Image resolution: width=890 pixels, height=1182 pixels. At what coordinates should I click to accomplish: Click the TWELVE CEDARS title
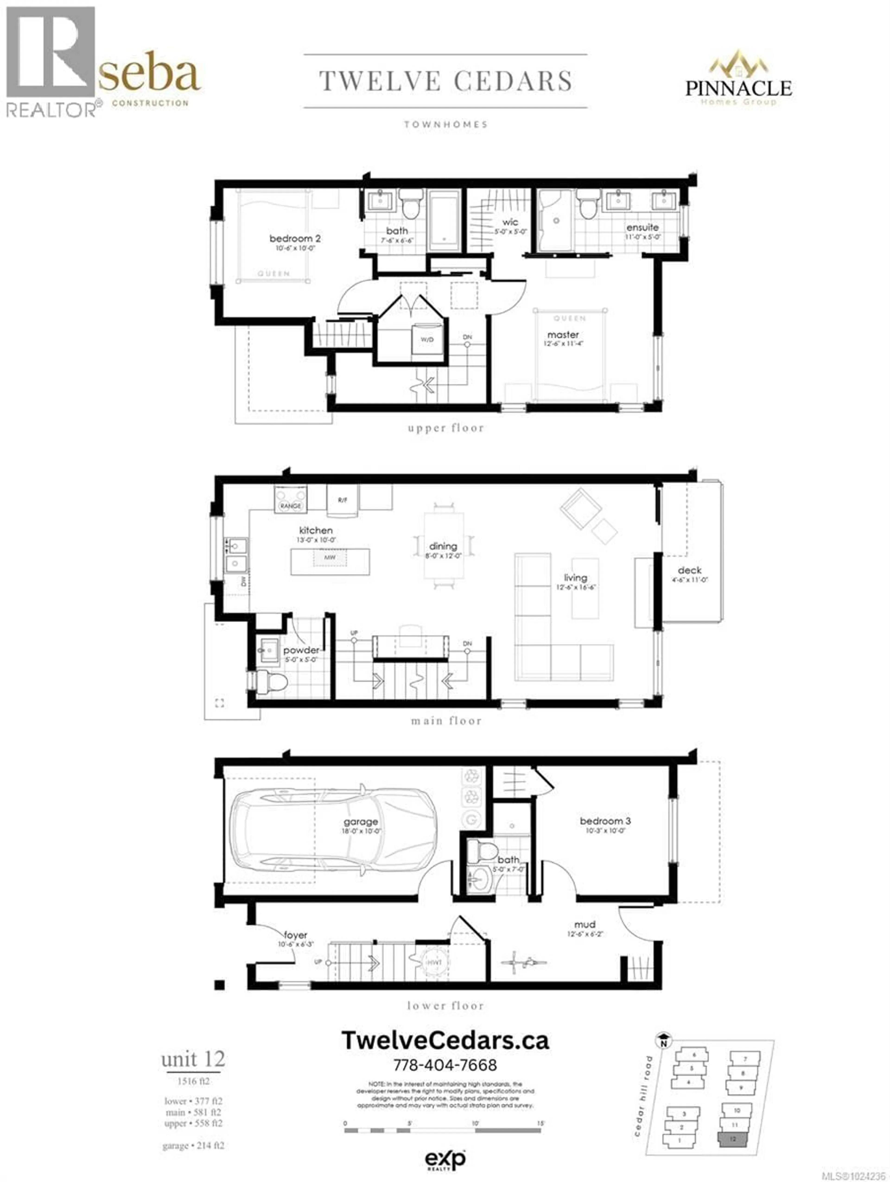pos(445,81)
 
